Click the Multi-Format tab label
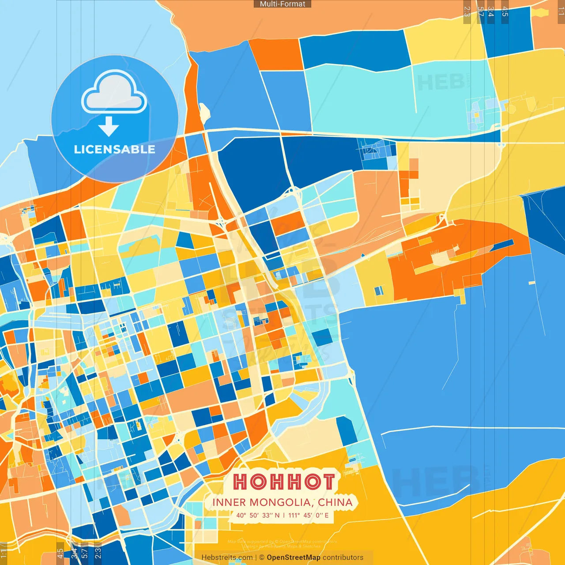click(x=282, y=4)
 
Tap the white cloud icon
click(x=114, y=92)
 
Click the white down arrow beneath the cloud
click(x=109, y=127)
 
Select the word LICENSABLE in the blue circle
click(x=114, y=150)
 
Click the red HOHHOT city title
click(x=284, y=482)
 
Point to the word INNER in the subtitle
click(x=229, y=502)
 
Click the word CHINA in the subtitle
click(x=335, y=502)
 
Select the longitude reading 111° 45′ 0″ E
click(x=309, y=515)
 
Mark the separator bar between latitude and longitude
click(x=284, y=515)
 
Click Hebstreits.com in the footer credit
click(x=227, y=557)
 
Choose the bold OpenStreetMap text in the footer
click(x=294, y=557)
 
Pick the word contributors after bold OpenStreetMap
click(x=343, y=557)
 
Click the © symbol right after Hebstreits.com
click(x=261, y=557)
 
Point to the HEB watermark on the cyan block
click(x=440, y=83)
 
